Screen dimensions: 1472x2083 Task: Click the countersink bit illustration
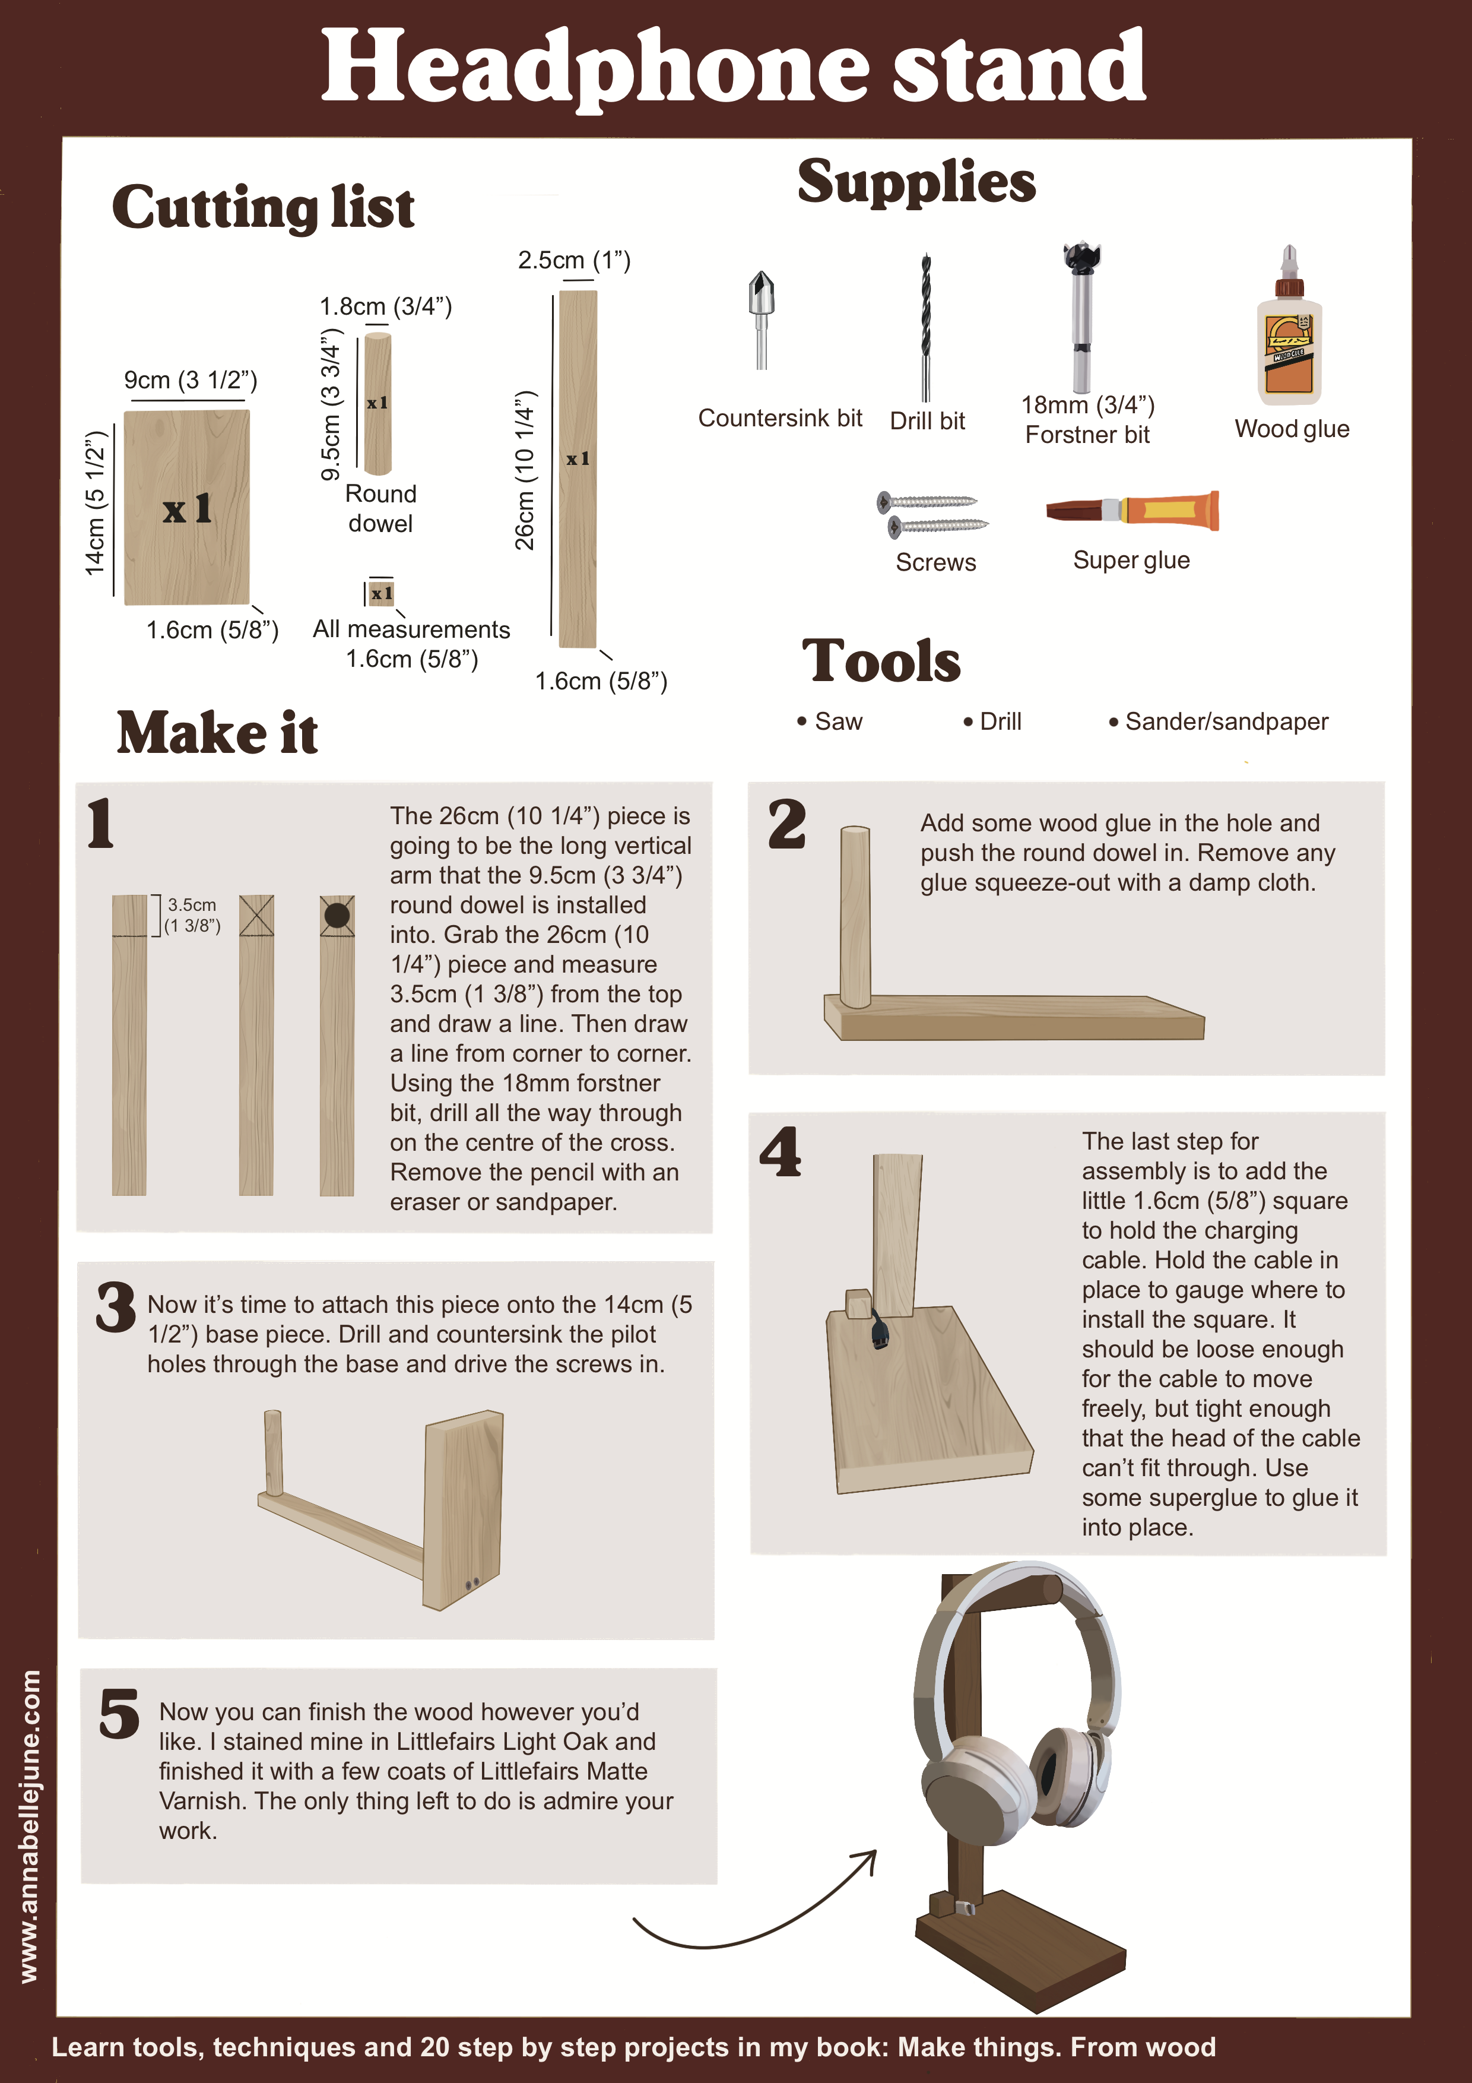[761, 319]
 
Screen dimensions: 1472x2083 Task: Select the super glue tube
[1132, 511]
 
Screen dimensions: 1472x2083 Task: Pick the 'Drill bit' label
[927, 421]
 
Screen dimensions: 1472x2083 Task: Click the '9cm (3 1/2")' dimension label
[191, 380]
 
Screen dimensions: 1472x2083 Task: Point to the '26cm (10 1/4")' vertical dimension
[525, 470]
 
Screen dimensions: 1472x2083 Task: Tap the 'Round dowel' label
[381, 509]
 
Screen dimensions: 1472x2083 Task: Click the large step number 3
[116, 1308]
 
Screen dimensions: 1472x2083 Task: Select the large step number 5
[119, 1714]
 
